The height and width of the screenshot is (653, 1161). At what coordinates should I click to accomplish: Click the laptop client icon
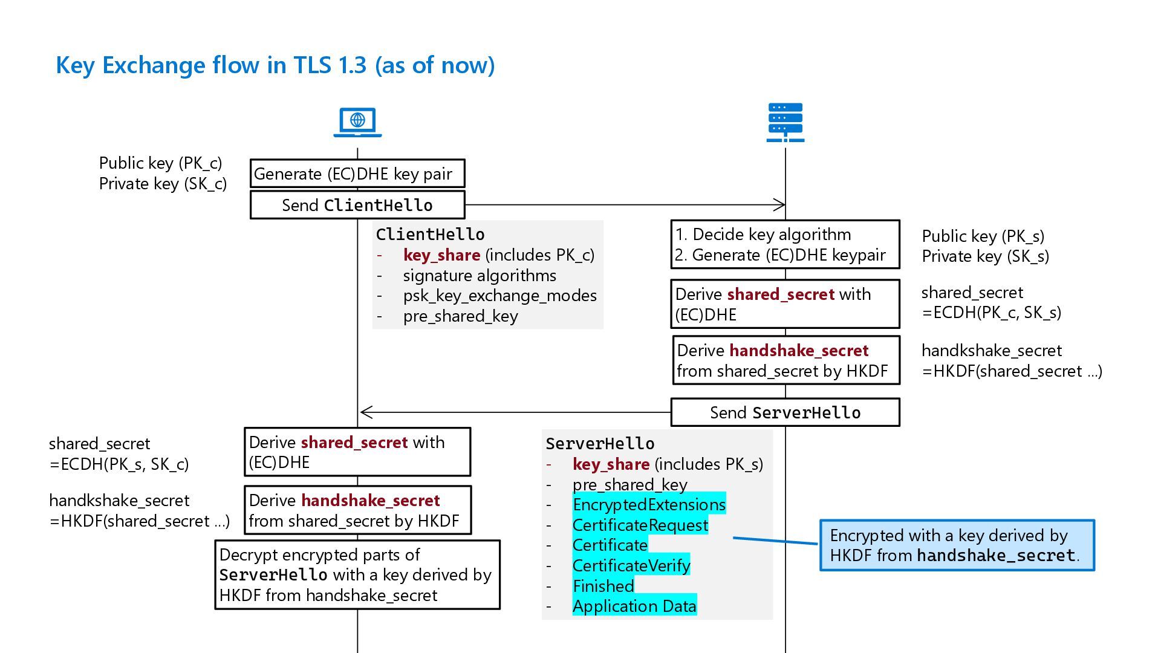(357, 122)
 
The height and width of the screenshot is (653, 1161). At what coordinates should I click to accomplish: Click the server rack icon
(785, 123)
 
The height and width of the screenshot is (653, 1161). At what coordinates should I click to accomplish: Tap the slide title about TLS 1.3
(275, 65)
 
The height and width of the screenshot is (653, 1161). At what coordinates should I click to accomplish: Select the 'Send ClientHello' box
(357, 205)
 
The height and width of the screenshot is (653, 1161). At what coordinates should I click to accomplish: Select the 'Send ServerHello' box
(785, 412)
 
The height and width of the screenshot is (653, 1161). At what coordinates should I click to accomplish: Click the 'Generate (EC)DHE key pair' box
(357, 174)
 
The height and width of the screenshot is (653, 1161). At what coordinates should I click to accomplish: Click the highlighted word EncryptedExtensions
(649, 504)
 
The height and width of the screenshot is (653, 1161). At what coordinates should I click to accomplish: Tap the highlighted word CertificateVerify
(631, 565)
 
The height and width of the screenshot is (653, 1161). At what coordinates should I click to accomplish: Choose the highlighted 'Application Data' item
(634, 606)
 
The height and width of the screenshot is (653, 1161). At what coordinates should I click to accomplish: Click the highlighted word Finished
(603, 586)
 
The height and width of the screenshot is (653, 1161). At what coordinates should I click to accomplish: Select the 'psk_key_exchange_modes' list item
(499, 296)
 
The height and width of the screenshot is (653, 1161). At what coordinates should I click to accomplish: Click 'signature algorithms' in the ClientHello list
(480, 276)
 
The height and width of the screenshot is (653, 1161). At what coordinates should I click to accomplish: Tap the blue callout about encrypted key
(957, 545)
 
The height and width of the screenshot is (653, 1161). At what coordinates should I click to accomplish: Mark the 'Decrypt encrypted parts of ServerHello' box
(357, 574)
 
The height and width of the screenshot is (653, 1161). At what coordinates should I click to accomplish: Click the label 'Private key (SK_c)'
(163, 184)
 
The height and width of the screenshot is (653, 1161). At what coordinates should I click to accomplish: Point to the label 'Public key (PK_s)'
(983, 236)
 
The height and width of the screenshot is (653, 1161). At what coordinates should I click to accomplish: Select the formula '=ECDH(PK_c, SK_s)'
(991, 313)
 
